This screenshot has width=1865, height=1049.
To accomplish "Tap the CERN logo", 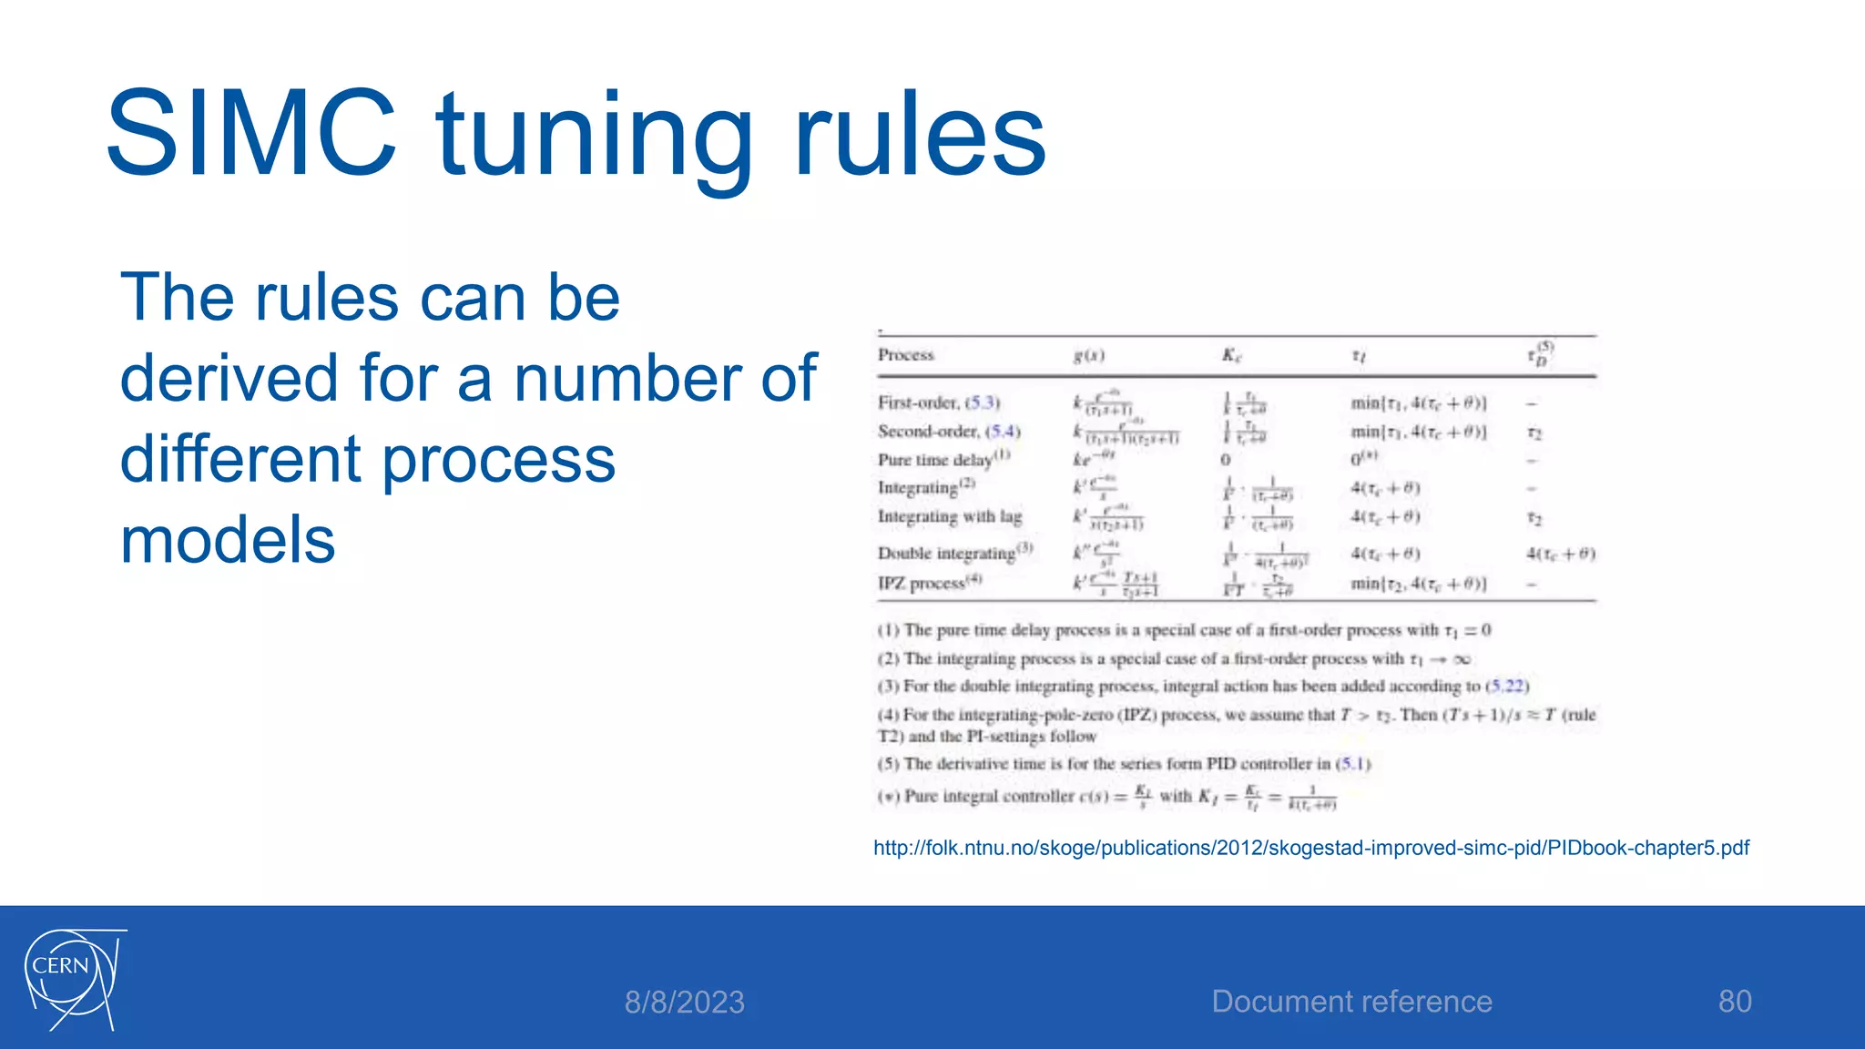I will [73, 979].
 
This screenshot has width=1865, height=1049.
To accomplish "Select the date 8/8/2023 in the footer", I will [684, 1002].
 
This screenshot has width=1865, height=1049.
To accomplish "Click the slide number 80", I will [1734, 1001].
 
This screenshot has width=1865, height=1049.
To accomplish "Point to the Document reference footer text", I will [1351, 1001].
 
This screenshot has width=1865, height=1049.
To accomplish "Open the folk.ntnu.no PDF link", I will [1310, 848].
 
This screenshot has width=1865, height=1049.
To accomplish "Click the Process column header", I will [906, 355].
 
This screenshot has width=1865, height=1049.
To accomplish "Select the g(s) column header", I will [1088, 356].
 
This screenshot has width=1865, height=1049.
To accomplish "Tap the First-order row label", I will [939, 402].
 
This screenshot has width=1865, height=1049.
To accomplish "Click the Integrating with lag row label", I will [950, 517].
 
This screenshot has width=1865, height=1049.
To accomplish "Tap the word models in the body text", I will [228, 539].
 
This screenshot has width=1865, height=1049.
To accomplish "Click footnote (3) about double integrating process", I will [1202, 686].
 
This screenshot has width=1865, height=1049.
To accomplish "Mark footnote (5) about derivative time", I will [1124, 764].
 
